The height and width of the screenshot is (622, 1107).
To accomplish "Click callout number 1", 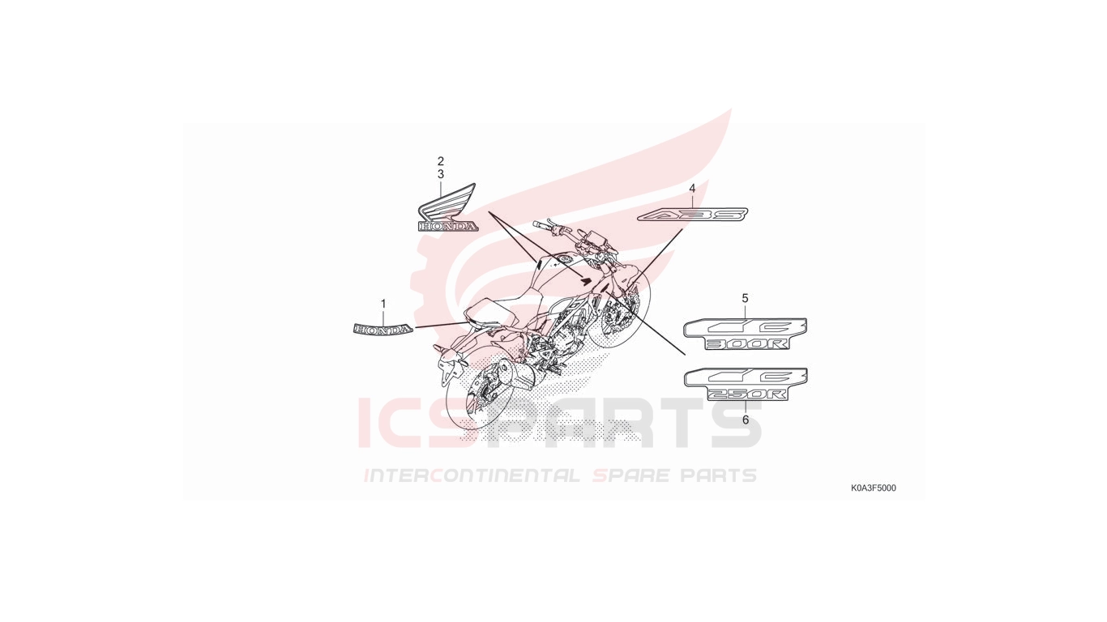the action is (383, 304).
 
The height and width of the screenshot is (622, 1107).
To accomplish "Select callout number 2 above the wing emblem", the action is (440, 161).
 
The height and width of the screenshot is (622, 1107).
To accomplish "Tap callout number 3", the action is (440, 174).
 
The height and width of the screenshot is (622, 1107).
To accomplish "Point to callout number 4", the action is (692, 188).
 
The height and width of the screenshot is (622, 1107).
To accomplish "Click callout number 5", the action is (746, 298).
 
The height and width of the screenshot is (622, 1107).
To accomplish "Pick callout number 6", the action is (746, 420).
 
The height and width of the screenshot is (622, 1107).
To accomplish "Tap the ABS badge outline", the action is (692, 215).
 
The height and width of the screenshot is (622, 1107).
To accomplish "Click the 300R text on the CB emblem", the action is (747, 344).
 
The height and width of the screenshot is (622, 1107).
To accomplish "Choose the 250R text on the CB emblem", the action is (747, 394).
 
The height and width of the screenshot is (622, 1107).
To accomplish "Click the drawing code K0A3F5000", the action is (874, 488).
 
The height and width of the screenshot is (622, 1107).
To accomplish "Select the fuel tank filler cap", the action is (564, 259).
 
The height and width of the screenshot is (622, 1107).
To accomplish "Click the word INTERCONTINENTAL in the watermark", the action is (472, 475).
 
